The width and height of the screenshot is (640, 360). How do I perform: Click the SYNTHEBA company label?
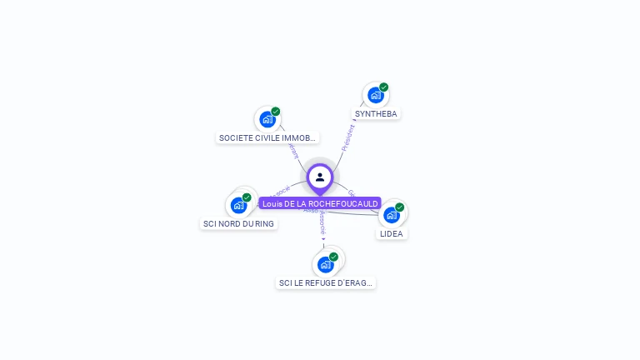tap(377, 113)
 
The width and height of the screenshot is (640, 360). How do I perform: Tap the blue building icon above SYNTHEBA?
tap(375, 95)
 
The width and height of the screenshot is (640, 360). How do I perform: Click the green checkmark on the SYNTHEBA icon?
tap(384, 87)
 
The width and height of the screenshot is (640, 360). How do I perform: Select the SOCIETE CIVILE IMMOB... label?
tap(267, 137)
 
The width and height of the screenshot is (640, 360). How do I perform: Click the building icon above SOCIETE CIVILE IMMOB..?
tap(267, 119)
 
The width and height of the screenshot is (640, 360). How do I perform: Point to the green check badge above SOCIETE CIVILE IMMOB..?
tap(276, 111)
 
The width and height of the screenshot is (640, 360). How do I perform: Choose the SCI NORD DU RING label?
tap(238, 223)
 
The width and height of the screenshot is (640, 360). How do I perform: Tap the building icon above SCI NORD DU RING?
tap(238, 205)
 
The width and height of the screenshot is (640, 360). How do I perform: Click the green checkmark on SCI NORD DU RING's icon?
tap(247, 197)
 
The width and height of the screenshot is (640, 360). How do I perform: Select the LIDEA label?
tap(391, 233)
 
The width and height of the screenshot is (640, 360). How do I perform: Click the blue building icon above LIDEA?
tap(391, 215)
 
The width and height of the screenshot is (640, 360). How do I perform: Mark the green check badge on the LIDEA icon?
tap(400, 207)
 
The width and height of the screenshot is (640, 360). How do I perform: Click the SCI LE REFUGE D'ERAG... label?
tap(326, 283)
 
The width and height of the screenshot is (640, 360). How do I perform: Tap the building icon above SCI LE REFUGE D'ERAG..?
tap(325, 265)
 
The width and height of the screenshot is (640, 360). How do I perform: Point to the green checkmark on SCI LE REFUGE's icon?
tap(334, 257)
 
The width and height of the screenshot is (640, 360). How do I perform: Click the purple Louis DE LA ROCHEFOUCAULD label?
tap(320, 203)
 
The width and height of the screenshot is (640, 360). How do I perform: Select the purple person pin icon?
tap(320, 177)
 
